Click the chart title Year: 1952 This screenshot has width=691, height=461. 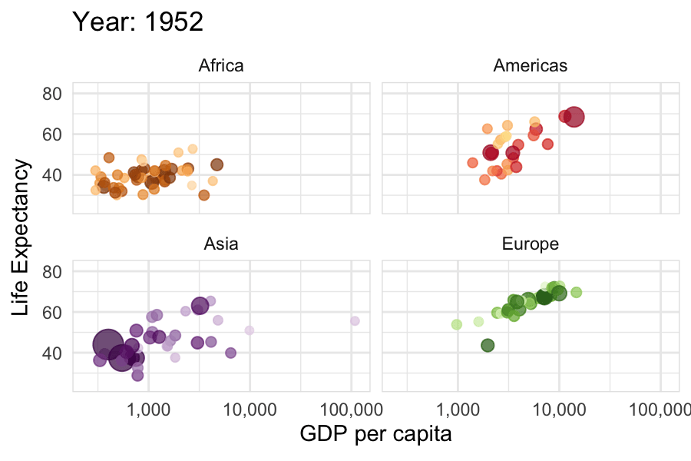(137, 22)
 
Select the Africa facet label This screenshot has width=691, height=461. (221, 66)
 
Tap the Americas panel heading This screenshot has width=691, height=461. (530, 66)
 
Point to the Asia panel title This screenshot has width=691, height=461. (221, 244)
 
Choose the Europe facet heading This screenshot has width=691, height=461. (530, 244)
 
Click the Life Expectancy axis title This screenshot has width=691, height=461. (20, 237)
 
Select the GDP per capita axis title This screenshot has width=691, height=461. (375, 434)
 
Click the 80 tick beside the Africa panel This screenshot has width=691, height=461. (52, 94)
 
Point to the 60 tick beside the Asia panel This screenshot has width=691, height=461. (52, 313)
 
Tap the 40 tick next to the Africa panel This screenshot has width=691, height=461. (52, 175)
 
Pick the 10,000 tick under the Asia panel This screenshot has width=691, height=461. (250, 410)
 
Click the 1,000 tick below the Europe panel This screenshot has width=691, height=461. (458, 410)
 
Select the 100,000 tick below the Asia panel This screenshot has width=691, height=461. (351, 410)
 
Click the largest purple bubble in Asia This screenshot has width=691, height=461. (107, 344)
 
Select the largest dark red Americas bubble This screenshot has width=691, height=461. (574, 117)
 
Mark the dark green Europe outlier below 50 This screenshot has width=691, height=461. (488, 346)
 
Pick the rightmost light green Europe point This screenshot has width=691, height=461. (576, 292)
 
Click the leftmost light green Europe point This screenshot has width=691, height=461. (457, 325)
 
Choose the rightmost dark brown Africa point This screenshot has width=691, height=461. (217, 165)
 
